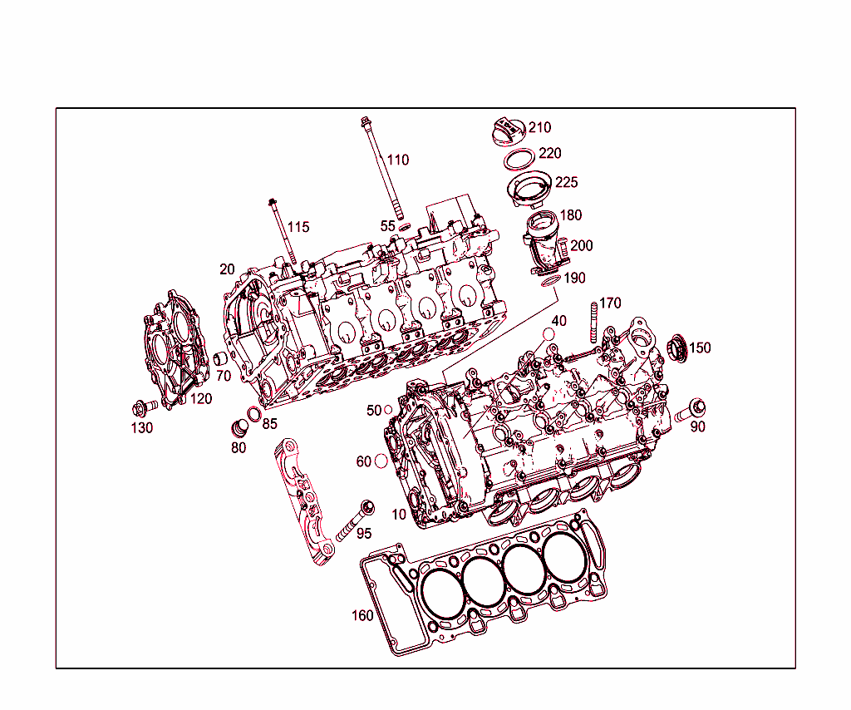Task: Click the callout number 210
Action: click(539, 128)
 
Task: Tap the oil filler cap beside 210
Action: click(506, 131)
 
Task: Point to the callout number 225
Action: click(566, 182)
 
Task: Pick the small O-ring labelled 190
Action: click(550, 283)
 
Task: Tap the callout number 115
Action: click(298, 227)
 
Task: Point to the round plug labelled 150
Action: click(677, 348)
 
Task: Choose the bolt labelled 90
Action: click(690, 409)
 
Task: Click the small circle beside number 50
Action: click(387, 411)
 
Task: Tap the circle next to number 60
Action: click(381, 461)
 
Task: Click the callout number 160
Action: click(362, 616)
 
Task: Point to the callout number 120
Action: click(200, 399)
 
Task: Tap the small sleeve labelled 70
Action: click(221, 359)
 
